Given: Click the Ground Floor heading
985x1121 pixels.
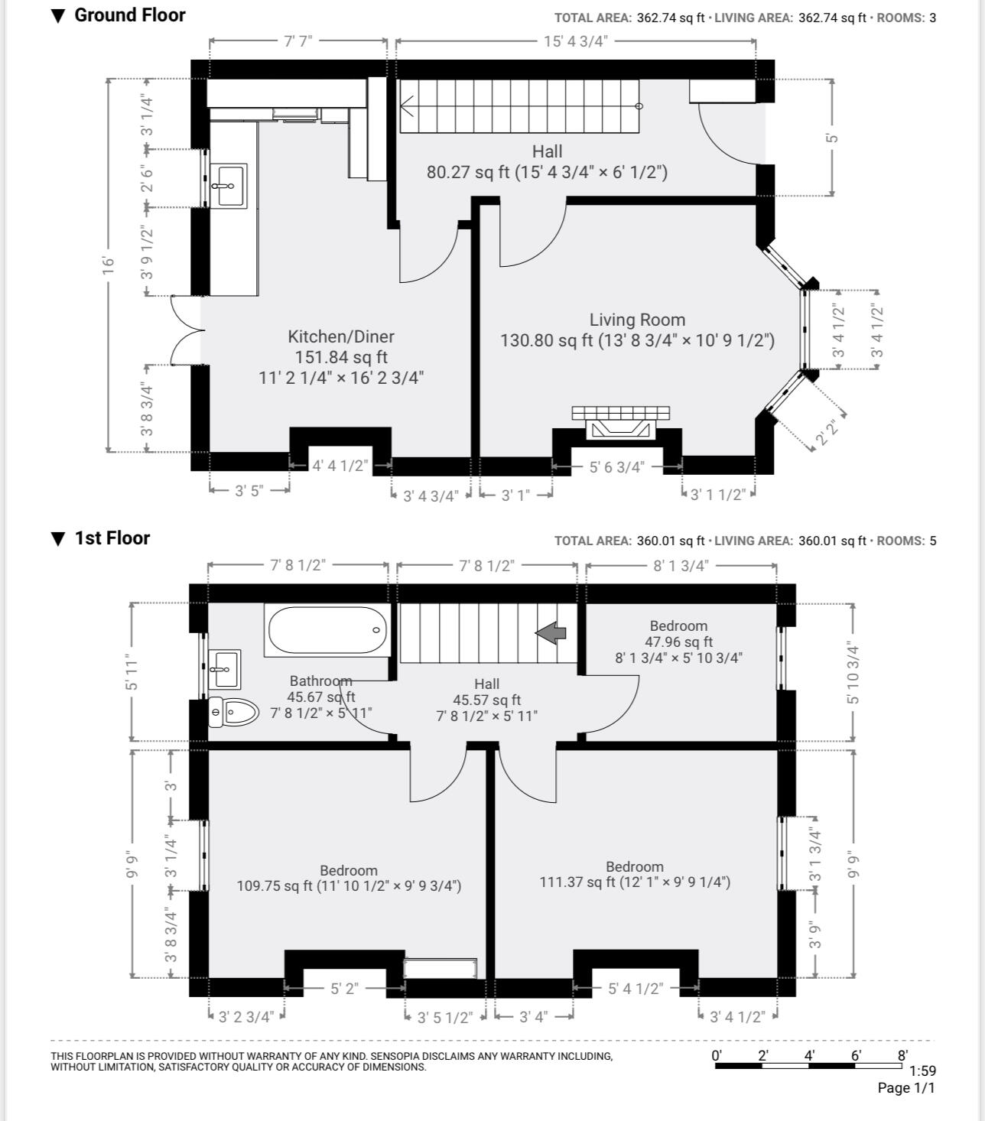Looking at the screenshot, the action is (129, 15).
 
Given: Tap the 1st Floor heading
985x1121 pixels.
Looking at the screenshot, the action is (112, 538).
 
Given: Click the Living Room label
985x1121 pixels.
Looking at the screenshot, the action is (637, 320).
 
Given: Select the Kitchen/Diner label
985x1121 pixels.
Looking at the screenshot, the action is (341, 336).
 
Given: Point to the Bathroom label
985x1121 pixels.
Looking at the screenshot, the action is (321, 681).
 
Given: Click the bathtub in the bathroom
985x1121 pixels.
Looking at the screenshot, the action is (327, 630).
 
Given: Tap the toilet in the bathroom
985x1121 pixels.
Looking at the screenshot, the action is (233, 712).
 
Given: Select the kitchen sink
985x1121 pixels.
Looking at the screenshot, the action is (229, 185).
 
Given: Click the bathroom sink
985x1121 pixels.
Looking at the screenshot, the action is (224, 669).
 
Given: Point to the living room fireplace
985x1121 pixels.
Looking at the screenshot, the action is (620, 424).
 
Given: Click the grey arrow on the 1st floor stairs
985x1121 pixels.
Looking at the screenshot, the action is (551, 632).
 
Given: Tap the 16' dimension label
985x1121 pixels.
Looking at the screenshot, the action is (109, 265).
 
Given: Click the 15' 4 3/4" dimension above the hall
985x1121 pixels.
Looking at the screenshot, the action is (576, 41).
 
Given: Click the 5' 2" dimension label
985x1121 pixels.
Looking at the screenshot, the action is (344, 988).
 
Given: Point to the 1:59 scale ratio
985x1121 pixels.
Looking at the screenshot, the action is (922, 1071).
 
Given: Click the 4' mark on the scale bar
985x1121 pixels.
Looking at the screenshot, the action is (809, 1055).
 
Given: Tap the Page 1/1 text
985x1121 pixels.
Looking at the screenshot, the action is (906, 1088).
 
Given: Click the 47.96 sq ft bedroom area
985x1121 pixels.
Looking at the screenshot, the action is (679, 642).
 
